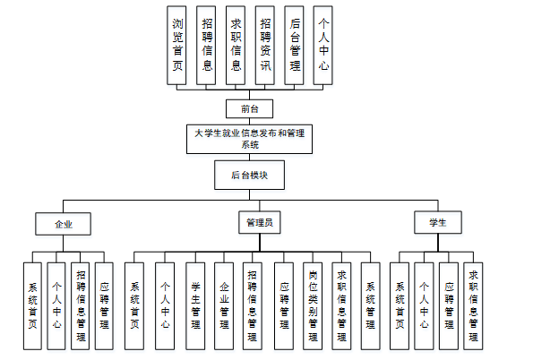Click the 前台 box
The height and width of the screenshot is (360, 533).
pos(249,108)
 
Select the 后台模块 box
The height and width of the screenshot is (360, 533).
pos(249,175)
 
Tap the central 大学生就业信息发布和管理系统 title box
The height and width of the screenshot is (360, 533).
pos(249,139)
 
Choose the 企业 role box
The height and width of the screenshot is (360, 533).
pos(63,224)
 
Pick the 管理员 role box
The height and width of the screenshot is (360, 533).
pos(260,222)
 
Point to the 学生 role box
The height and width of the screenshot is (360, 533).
pos(438,222)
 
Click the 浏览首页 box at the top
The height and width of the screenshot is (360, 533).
pos(176,45)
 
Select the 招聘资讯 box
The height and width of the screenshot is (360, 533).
pos(265,45)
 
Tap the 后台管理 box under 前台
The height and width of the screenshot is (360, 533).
pos(294,45)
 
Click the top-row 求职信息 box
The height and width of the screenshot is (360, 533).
pos(236,45)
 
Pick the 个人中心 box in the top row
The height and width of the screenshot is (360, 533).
pos(322,45)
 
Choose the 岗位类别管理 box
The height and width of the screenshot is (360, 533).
pos(313,306)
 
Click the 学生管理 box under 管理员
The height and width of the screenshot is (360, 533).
pos(195,306)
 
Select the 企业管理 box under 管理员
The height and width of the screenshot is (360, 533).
pos(224,306)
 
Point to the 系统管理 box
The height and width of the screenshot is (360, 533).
pos(371,306)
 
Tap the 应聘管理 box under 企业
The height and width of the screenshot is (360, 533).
pos(104,306)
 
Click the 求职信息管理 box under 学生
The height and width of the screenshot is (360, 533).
pos(473,306)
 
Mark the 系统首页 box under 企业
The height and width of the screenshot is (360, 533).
pos(32,306)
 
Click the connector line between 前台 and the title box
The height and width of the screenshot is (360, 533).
pos(250,121)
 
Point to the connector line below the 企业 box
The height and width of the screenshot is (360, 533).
pos(64,244)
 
